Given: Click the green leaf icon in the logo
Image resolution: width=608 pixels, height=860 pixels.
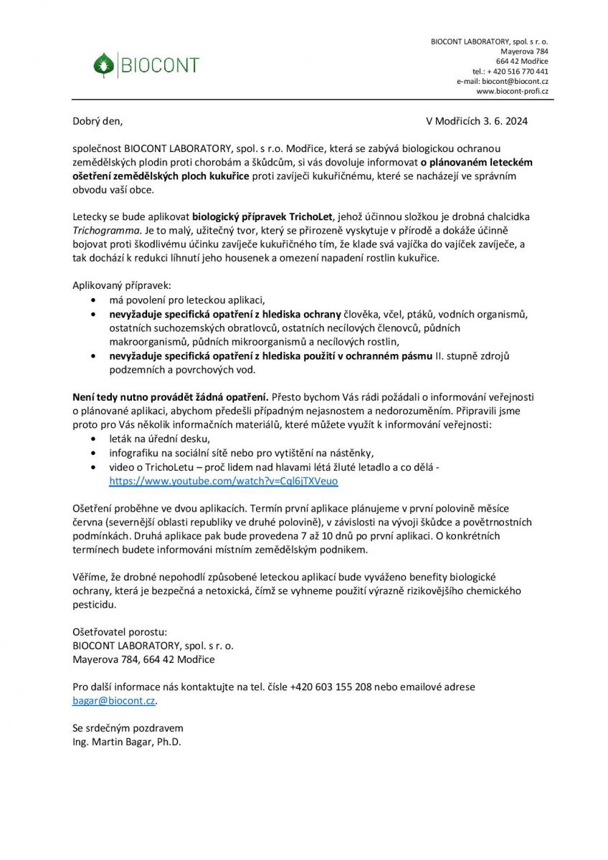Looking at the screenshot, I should pyautogui.click(x=104, y=65).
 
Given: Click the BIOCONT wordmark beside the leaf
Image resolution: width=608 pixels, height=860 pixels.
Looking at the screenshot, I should pyautogui.click(x=158, y=66).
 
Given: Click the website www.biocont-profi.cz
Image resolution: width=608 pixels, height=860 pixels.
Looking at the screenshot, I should pyautogui.click(x=512, y=92).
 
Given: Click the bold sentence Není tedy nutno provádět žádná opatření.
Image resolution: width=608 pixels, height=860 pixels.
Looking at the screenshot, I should pyautogui.click(x=171, y=396).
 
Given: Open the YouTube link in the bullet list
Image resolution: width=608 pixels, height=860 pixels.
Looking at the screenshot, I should pyautogui.click(x=223, y=481).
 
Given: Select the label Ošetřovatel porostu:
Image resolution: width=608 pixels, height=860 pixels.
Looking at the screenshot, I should pyautogui.click(x=120, y=631).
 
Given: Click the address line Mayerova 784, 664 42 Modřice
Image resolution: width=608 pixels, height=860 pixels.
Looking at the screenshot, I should pyautogui.click(x=143, y=659).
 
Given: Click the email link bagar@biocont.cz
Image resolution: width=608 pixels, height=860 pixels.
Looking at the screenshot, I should pyautogui.click(x=114, y=700).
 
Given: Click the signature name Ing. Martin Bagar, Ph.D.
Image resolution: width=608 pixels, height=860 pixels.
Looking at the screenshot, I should pyautogui.click(x=127, y=742).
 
